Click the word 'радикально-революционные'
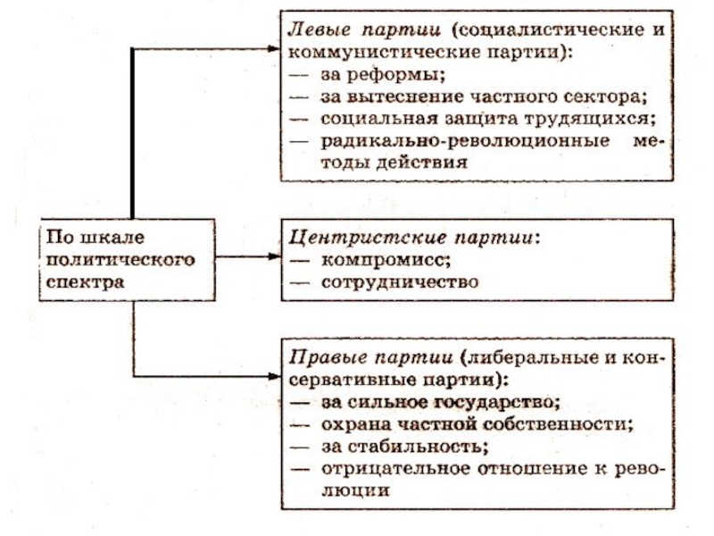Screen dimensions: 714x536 point(453,141)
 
